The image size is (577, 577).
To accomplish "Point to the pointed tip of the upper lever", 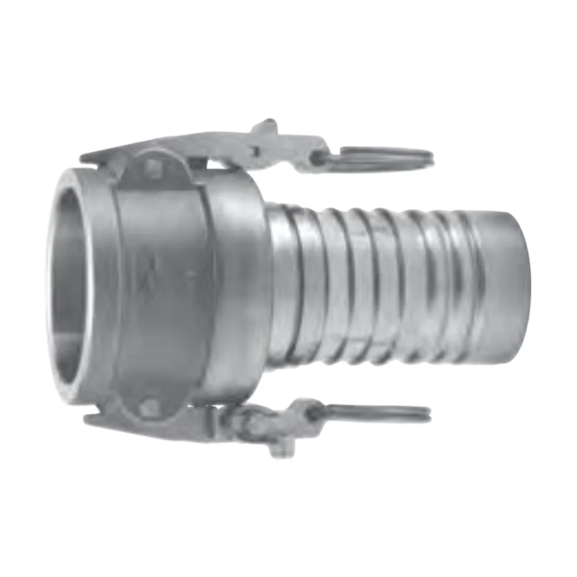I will pos(84,156).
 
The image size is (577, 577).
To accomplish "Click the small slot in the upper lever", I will pos(254,151).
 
